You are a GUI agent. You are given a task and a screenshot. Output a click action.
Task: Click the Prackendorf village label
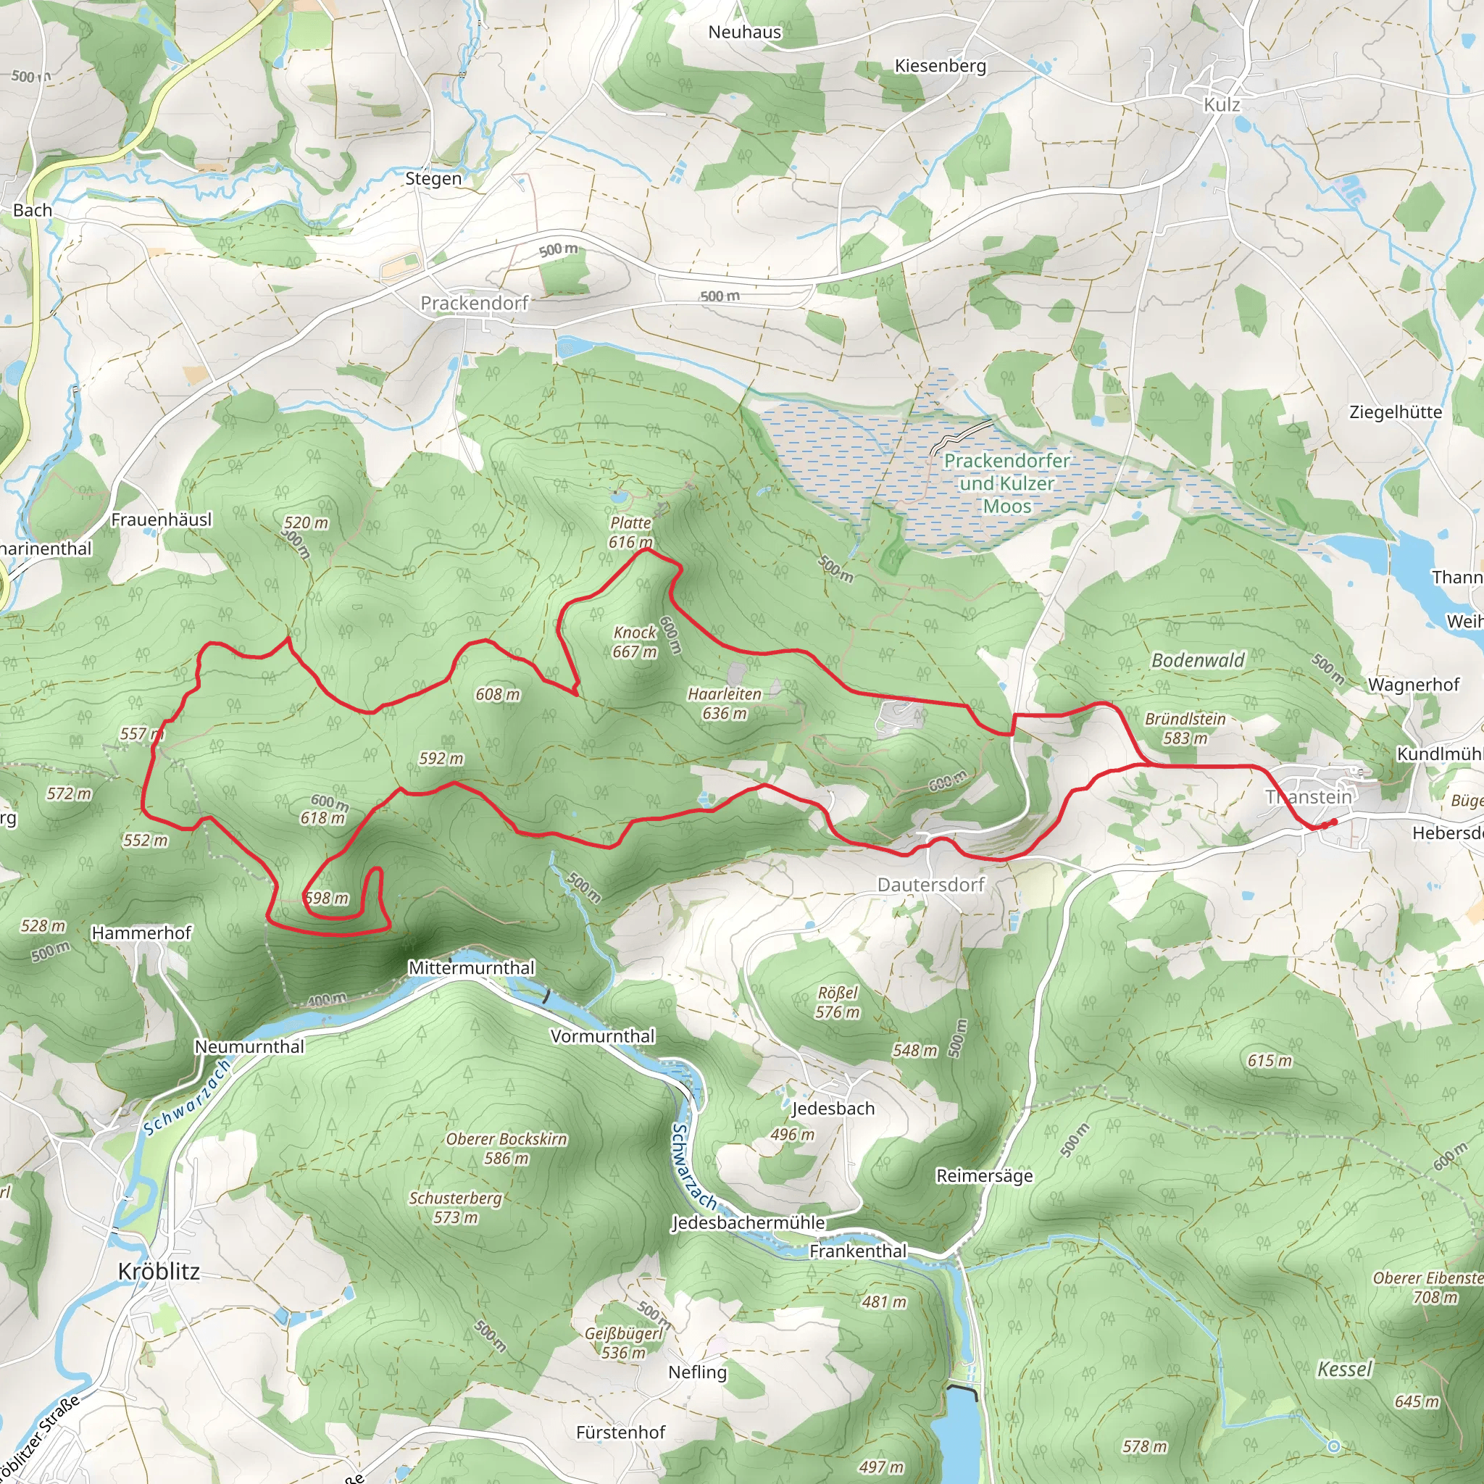pyautogui.click(x=474, y=304)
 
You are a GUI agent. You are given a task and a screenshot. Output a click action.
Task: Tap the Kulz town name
pyautogui.click(x=1221, y=104)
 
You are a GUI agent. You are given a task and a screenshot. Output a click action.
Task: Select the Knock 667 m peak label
pyautogui.click(x=635, y=642)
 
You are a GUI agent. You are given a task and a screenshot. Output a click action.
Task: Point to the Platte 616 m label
pyautogui.click(x=630, y=533)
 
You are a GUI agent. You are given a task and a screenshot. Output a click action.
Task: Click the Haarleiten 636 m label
pyautogui.click(x=725, y=704)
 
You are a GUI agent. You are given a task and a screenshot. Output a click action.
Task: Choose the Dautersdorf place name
pyautogui.click(x=930, y=885)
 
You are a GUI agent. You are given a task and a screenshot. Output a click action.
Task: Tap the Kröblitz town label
pyautogui.click(x=159, y=1271)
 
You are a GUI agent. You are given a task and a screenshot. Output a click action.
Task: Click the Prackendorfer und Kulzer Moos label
pyautogui.click(x=1006, y=483)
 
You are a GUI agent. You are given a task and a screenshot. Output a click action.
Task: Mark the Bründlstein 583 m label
pyautogui.click(x=1185, y=728)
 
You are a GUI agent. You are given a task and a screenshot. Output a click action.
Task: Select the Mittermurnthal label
pyautogui.click(x=471, y=968)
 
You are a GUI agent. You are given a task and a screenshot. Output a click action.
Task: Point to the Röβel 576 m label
pyautogui.click(x=837, y=1002)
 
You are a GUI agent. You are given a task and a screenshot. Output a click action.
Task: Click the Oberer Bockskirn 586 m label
pyautogui.click(x=507, y=1149)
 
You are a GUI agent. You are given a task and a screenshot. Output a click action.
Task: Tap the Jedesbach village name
pyautogui.click(x=833, y=1109)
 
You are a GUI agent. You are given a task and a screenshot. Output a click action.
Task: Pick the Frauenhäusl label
pyautogui.click(x=162, y=520)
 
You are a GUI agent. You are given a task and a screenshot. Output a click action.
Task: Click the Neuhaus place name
pyautogui.click(x=744, y=33)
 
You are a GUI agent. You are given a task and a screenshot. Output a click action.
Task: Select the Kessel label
pyautogui.click(x=1344, y=1369)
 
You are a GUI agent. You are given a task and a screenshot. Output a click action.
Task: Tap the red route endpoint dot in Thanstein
pyautogui.click(x=1334, y=822)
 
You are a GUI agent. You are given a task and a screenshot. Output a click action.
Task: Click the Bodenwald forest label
pyautogui.click(x=1198, y=661)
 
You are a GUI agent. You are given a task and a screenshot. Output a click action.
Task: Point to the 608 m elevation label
pyautogui.click(x=498, y=694)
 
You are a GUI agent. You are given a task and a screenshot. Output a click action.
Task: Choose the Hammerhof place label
pyautogui.click(x=141, y=933)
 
